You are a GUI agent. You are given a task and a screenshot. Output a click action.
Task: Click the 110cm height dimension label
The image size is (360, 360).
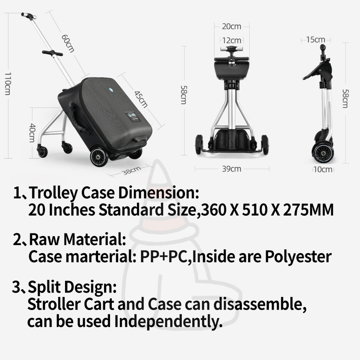(8, 83)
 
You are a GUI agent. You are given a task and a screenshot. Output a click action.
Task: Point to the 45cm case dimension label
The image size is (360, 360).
(141, 99)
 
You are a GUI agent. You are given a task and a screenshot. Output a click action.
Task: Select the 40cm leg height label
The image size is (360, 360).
(33, 133)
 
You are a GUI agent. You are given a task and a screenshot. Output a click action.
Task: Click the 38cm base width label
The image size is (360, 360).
(131, 171)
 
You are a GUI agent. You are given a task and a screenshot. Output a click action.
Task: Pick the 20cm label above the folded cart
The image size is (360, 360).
(231, 26)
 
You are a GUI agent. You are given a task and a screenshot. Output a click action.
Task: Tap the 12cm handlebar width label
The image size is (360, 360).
(232, 40)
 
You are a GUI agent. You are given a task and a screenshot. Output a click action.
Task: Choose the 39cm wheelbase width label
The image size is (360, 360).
(231, 169)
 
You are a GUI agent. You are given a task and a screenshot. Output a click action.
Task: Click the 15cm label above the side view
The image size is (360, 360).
(315, 39)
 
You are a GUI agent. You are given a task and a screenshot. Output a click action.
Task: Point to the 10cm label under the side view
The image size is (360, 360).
(323, 169)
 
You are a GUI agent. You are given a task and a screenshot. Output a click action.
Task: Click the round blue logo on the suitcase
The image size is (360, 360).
(111, 90)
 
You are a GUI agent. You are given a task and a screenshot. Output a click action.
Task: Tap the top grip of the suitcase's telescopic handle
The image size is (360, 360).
(29, 15)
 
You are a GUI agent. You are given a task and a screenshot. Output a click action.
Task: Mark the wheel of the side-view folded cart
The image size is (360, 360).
(322, 153)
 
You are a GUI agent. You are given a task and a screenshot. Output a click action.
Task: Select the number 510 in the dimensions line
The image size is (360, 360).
(255, 210)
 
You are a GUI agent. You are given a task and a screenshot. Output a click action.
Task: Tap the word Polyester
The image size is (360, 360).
(298, 257)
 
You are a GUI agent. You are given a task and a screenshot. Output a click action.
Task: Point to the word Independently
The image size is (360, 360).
(168, 321)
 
